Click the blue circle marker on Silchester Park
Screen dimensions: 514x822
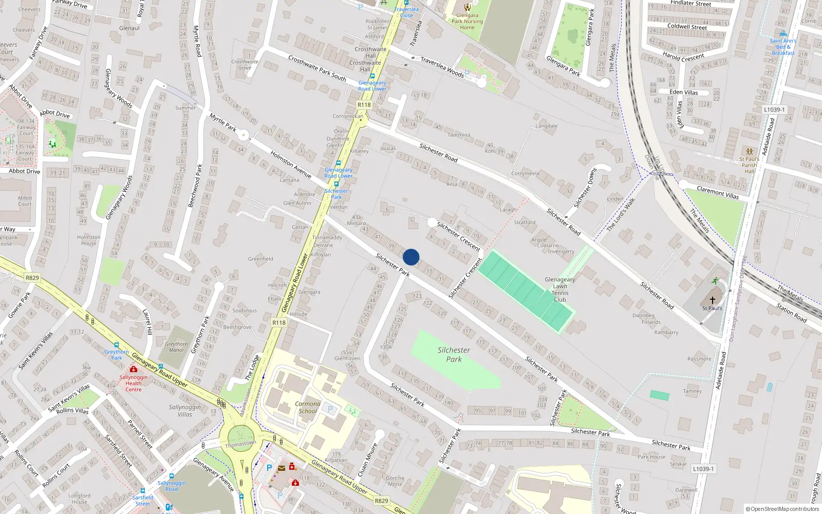click(x=411, y=257)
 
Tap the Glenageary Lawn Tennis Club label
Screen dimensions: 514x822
click(x=560, y=289)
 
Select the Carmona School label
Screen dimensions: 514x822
click(x=307, y=408)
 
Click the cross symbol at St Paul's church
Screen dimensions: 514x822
click(x=713, y=300)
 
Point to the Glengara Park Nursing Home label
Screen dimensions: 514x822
click(x=467, y=21)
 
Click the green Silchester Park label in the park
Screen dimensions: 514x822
click(x=454, y=355)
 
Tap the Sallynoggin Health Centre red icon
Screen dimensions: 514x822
click(x=134, y=369)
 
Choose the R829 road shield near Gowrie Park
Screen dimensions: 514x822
click(x=32, y=278)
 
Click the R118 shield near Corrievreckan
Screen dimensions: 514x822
click(x=364, y=105)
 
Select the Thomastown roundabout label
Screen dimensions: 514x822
click(x=240, y=444)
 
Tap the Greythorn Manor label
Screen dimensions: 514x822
click(x=176, y=347)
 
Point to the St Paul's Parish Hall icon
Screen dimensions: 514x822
click(x=749, y=152)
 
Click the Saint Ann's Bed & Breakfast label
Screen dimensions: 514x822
click(x=783, y=47)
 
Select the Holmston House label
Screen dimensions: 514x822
click(x=88, y=240)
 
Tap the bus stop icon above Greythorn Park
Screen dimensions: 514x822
click(x=117, y=345)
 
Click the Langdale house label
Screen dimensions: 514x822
click(x=546, y=126)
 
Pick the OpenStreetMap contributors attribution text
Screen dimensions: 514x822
click(x=782, y=509)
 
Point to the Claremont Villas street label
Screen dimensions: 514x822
click(x=718, y=193)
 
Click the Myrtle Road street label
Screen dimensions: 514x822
click(x=197, y=41)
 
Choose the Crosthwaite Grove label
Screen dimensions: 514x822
click(x=245, y=64)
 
